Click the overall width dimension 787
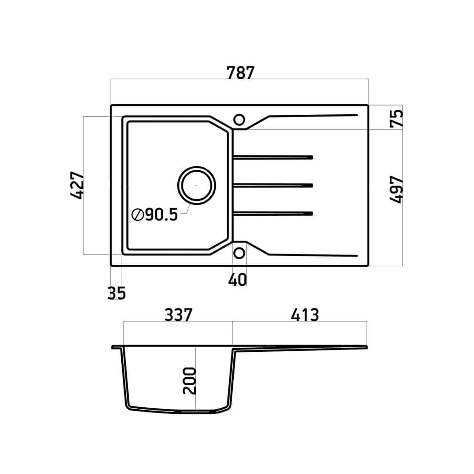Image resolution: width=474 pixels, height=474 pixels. coord(240,73)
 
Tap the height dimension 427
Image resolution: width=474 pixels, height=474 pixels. coord(77,185)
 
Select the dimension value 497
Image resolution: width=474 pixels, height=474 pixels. coord(396,189)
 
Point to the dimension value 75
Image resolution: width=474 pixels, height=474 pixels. coord(396,118)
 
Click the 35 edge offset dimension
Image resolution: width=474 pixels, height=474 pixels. coord(116,293)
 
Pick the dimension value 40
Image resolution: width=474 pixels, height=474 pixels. coord(237,280)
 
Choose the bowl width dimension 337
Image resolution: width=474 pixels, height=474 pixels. coord(178,315)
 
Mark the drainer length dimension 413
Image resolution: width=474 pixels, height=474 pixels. coord(305,315)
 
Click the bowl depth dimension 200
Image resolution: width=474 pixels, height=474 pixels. coord(189,380)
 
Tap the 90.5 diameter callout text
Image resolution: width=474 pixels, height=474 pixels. coord(162,215)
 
